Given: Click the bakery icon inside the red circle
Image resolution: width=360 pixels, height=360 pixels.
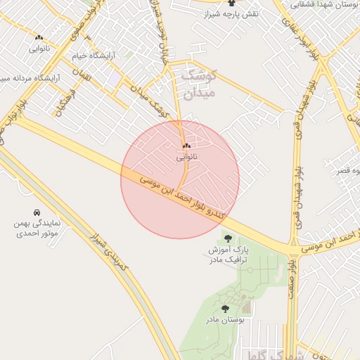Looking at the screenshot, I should (x=186, y=146).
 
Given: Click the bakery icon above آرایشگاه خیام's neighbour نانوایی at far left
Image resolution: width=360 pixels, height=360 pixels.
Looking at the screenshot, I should (x=39, y=37).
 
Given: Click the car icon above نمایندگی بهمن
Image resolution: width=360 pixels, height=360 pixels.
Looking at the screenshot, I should (x=36, y=212).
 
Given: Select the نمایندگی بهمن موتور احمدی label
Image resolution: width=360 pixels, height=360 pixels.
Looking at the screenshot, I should (x=37, y=226).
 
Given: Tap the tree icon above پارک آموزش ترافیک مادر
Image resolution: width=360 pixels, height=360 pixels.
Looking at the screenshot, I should (x=226, y=238).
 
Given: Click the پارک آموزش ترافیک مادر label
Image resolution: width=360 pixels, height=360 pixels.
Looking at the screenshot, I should (x=229, y=255).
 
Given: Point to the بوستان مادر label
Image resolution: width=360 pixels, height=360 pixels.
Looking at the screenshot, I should (x=225, y=321).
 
